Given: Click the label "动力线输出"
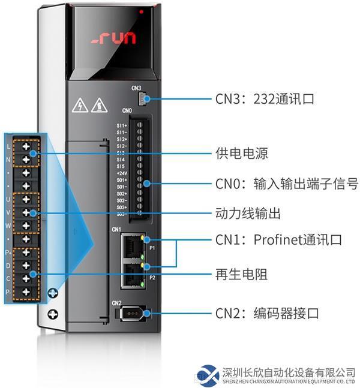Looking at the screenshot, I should pos(248,213).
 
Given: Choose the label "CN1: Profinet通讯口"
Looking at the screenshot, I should pos(278,240).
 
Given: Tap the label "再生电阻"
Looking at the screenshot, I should pos(241,275).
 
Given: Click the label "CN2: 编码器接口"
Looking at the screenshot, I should pos(267,313).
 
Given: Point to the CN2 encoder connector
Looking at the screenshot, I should pos(131,313).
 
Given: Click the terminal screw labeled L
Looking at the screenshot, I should pos(26,146).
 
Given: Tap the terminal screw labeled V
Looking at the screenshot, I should pos(26,212).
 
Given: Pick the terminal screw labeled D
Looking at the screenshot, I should pos(26,265).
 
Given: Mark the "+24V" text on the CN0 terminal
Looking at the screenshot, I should pos(121,173).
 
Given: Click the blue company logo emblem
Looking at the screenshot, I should pos(208,374).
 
